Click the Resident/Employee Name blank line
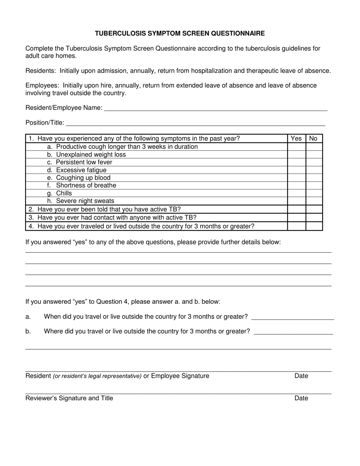pyautogui.click(x=215, y=109)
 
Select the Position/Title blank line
pyautogui.click(x=195, y=124)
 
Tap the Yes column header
pyautogui.click(x=296, y=139)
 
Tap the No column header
pyautogui.click(x=313, y=139)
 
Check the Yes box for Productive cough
pyautogui.click(x=296, y=147)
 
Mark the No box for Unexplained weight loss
pyautogui.click(x=314, y=155)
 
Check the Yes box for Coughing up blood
pyautogui.click(x=296, y=178)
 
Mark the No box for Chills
pyautogui.click(x=314, y=193)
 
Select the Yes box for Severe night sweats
pyautogui.click(x=296, y=201)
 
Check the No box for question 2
pyautogui.click(x=314, y=209)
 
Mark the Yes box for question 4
pyautogui.click(x=296, y=226)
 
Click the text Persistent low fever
pyautogui.click(x=84, y=162)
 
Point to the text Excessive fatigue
pyautogui.click(x=81, y=170)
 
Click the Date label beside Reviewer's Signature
pyautogui.click(x=301, y=398)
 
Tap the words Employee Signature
pyautogui.click(x=180, y=376)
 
